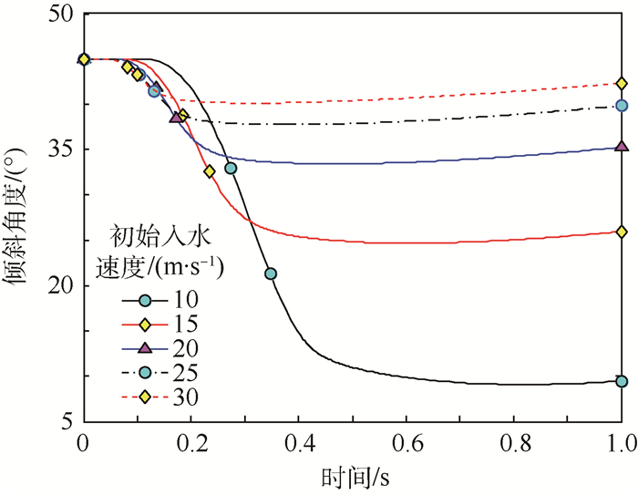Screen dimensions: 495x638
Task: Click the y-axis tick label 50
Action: coord(63,15)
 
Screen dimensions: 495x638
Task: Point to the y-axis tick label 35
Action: coord(63,150)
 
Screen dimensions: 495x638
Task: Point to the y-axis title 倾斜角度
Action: coord(20,219)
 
